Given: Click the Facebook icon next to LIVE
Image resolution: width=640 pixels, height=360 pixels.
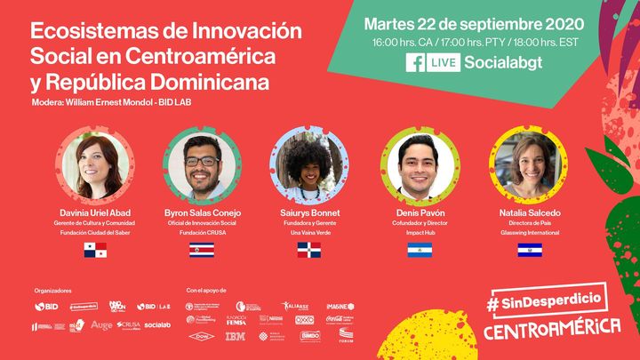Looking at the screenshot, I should point(414,63).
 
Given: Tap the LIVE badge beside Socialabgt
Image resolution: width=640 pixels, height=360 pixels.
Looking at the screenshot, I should point(442,63).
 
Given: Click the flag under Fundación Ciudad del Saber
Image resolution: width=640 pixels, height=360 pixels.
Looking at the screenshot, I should point(95,250).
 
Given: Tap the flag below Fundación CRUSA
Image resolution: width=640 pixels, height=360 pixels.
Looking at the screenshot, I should point(202,250).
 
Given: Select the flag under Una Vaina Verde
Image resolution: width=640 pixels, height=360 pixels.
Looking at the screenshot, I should point(309,250).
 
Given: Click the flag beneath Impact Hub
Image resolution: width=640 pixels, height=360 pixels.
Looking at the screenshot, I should point(420,250).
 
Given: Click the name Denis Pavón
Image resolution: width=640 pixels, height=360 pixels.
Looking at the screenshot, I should point(420,213).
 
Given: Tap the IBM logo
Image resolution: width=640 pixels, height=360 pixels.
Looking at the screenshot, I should point(236,336).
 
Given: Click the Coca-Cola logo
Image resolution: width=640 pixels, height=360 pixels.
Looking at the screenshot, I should point(340,320).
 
